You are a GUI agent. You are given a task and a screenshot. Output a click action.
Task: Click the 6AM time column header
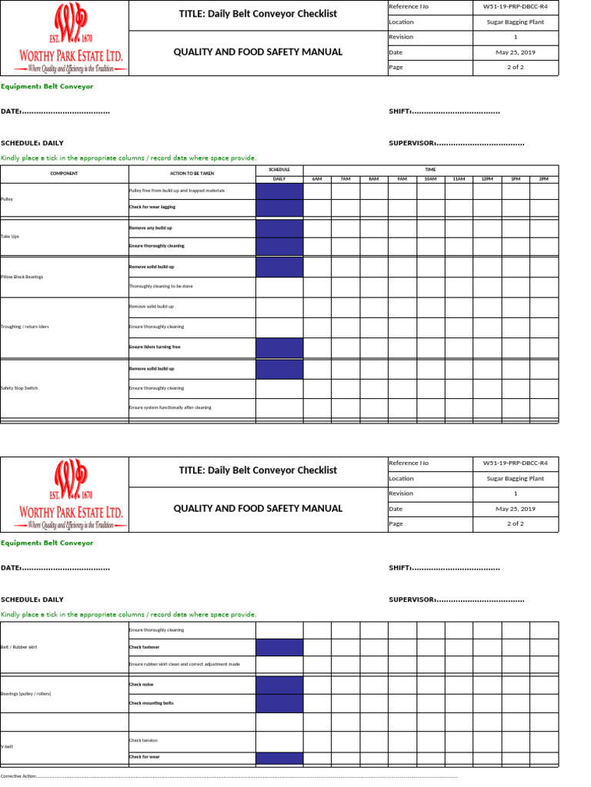(x=317, y=179)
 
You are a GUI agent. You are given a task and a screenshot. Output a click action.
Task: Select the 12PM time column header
(x=487, y=179)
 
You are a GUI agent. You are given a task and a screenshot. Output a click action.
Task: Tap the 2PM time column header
(x=544, y=179)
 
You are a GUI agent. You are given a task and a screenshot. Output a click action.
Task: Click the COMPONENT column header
(x=64, y=174)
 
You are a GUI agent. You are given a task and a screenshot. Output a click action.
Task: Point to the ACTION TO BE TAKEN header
(x=191, y=174)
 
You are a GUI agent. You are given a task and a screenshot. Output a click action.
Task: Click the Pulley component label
(x=7, y=199)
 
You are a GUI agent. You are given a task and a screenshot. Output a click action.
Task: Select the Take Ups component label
(x=11, y=237)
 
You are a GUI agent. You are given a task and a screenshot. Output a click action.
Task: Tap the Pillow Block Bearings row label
(x=21, y=277)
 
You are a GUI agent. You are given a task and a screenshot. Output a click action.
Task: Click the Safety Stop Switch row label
(x=19, y=388)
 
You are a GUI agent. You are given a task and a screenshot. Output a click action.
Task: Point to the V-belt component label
(x=7, y=746)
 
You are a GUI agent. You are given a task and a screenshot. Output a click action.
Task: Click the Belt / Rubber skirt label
(x=19, y=647)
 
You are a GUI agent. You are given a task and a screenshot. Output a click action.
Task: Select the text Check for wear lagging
(x=152, y=208)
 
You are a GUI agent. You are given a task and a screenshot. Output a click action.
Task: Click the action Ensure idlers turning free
(x=155, y=347)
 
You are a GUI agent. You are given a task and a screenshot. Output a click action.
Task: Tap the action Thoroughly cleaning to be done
(x=161, y=287)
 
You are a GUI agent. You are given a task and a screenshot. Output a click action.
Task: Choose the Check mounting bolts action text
(x=152, y=702)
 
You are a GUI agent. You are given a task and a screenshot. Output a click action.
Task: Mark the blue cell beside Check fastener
(x=279, y=647)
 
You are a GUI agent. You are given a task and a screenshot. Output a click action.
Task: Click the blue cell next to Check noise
(x=279, y=684)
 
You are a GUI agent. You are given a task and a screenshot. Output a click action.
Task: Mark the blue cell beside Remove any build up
(x=279, y=228)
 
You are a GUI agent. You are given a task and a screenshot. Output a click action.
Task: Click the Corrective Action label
(x=19, y=776)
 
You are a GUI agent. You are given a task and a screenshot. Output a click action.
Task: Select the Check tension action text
(x=143, y=741)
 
